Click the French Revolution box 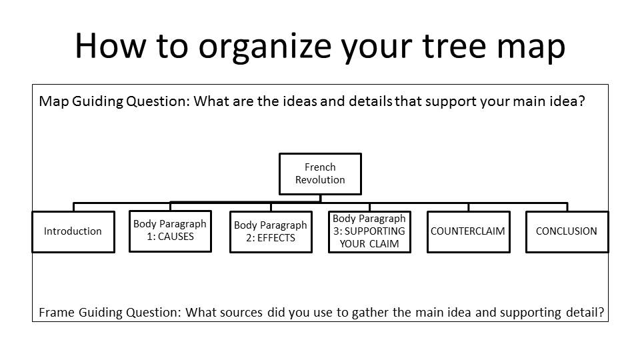(320, 174)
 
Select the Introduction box (73, 231)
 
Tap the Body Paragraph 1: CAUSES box (170, 231)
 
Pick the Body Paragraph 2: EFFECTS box (271, 231)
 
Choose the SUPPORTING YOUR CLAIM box (369, 231)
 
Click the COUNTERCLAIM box (469, 231)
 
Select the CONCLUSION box (567, 231)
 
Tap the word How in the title (110, 45)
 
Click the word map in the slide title (531, 49)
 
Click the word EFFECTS (276, 238)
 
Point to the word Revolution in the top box (320, 180)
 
